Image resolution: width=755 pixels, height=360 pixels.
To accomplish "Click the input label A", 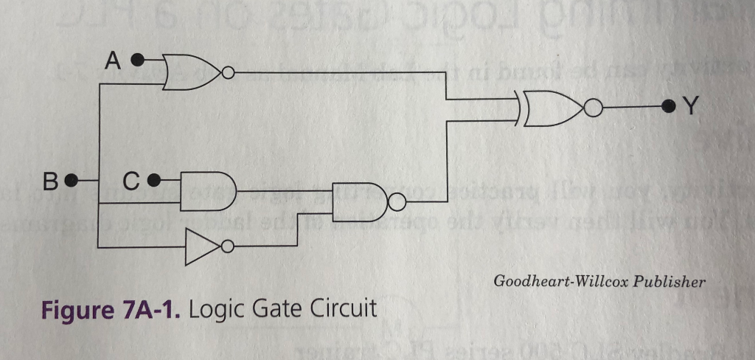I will tap(111, 60).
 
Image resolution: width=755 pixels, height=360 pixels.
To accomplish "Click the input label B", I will tap(50, 180).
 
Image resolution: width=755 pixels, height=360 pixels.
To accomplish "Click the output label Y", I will tap(690, 108).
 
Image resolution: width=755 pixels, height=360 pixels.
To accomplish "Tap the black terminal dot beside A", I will tap(138, 59).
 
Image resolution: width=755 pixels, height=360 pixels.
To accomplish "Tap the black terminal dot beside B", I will tap(72, 179).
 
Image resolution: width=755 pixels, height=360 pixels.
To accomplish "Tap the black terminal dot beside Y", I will tap(668, 107).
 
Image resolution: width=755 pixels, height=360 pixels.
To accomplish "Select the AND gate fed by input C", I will tap(206, 191).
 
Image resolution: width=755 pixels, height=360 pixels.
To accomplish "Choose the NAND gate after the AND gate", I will tap(359, 201).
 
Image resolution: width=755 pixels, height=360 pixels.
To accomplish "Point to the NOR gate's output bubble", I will tap(229, 73).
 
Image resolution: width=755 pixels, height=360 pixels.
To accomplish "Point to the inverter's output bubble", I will tap(228, 246).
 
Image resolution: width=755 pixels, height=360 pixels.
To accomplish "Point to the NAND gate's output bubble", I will tap(397, 201).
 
